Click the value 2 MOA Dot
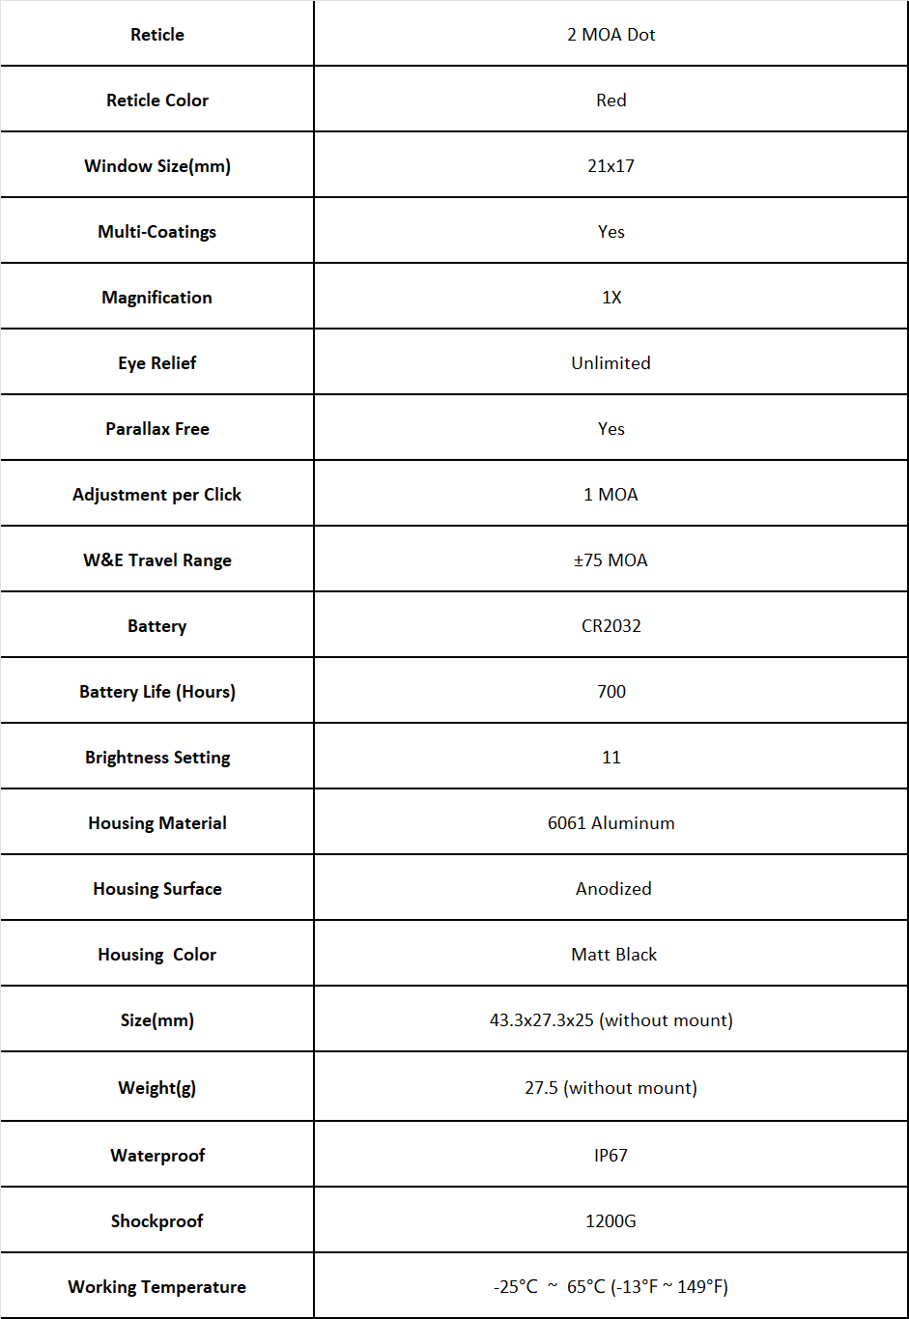pos(611,35)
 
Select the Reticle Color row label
pos(157,100)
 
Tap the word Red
pos(611,100)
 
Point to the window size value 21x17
pos(611,166)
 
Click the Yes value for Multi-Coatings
pos(611,232)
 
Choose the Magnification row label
pos(156,298)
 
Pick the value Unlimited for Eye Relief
pos(611,363)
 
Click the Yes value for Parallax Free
pos(611,429)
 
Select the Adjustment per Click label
pos(156,495)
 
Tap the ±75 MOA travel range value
pos(611,560)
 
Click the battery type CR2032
pos(611,626)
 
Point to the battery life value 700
pos(611,692)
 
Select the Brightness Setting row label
pos(157,758)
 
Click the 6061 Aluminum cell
pos(611,823)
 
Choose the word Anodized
pos(613,889)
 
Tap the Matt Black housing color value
pos(613,955)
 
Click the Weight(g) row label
pos(156,1088)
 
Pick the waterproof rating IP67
pos(611,1156)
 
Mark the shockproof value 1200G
pos(611,1221)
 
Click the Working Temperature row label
pos(156,1287)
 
